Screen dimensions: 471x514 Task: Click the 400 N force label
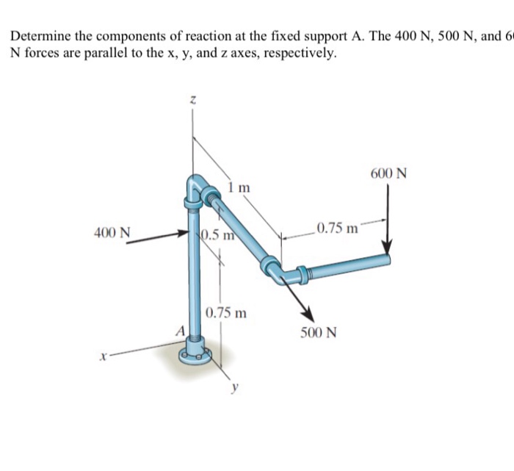pos(112,233)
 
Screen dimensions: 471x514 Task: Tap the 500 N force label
pos(319,332)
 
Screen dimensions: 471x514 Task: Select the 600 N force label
pos(389,174)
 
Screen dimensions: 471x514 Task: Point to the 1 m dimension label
pos(239,187)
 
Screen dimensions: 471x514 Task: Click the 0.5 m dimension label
pos(217,236)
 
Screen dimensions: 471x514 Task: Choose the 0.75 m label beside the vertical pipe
pos(225,312)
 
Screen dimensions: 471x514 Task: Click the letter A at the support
pos(178,330)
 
